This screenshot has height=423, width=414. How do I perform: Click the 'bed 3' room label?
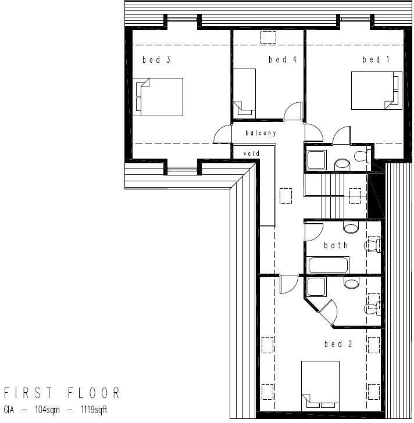(x=156, y=59)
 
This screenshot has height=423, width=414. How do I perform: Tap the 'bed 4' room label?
(x=283, y=59)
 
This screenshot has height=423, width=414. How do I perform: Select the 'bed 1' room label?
(x=376, y=59)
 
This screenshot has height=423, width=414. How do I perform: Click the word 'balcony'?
(x=260, y=133)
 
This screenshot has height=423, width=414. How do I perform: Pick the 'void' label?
(x=251, y=153)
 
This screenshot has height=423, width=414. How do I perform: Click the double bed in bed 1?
(x=376, y=90)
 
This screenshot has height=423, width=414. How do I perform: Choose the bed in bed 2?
(x=320, y=385)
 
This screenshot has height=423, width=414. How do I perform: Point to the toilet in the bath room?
(x=372, y=245)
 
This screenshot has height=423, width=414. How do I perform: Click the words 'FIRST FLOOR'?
(x=62, y=393)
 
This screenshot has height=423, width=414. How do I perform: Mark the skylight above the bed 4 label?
(x=269, y=38)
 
